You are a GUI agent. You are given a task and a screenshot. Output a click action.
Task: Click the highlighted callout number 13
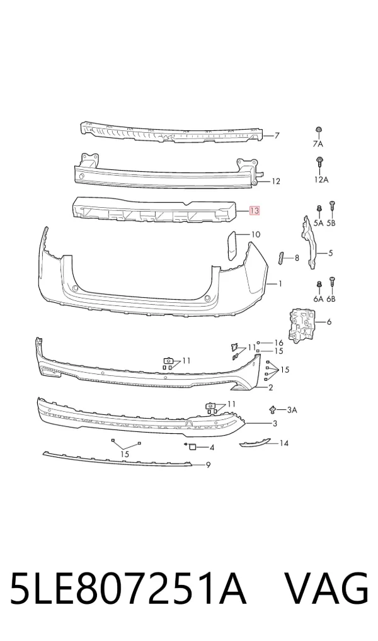click(x=254, y=211)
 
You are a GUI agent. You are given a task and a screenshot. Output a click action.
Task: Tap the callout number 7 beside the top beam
click(x=277, y=135)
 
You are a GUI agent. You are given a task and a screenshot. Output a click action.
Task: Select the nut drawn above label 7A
click(x=318, y=130)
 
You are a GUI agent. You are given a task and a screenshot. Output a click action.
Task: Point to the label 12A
click(x=321, y=179)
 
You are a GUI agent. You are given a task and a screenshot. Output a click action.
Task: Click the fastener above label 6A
click(x=319, y=285)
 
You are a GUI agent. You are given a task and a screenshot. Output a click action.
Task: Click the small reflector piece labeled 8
click(x=280, y=259)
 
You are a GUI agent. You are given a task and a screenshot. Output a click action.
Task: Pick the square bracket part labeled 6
click(x=302, y=325)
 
